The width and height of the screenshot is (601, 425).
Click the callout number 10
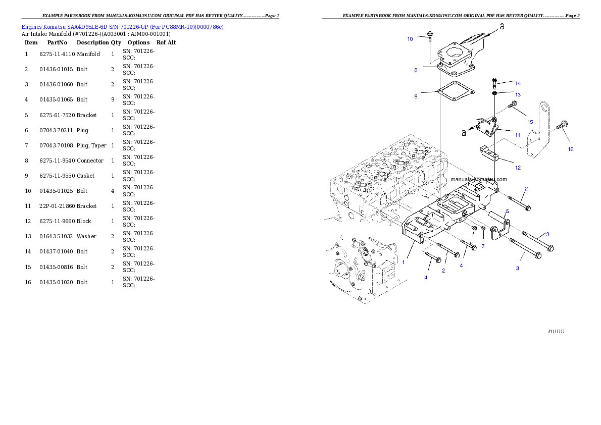point(410,39)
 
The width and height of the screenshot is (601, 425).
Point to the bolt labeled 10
point(429,36)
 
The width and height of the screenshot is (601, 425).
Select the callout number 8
point(416,70)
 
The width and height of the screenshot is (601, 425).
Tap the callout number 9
point(416,96)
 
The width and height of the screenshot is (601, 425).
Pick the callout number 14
point(518,83)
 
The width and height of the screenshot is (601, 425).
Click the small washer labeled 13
point(494,93)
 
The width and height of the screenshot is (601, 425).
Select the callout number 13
point(518,94)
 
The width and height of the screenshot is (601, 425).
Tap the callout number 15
point(530,122)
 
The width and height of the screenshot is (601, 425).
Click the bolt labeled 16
point(563,125)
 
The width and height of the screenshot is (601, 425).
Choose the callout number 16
point(571,149)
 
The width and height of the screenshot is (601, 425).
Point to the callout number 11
point(518,135)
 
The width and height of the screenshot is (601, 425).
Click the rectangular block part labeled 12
point(489,153)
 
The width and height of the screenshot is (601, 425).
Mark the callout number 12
point(518,168)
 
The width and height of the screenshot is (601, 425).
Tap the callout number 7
point(483,246)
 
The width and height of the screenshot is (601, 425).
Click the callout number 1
point(403,262)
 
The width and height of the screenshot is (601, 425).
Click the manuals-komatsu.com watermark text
point(479,179)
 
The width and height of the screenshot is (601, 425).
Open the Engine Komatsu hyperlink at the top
point(122,26)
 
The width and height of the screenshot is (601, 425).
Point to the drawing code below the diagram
point(556,331)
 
